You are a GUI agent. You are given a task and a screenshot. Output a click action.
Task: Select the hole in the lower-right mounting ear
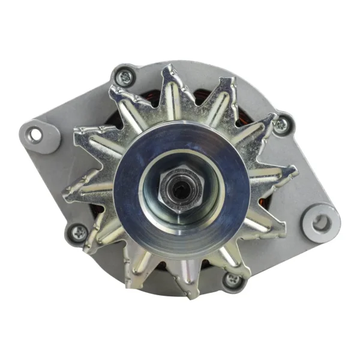tap(321, 223)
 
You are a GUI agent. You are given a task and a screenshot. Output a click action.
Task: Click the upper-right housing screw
tap(280, 125)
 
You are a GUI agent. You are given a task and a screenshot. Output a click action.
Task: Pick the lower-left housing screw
tap(79, 230)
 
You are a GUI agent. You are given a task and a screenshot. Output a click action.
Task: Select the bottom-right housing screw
tap(231, 279)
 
